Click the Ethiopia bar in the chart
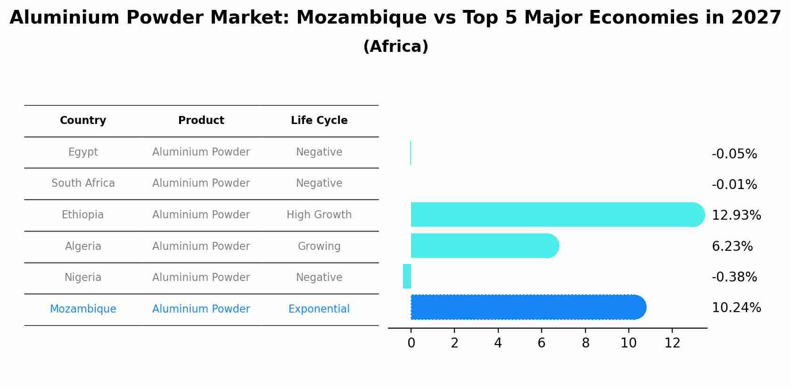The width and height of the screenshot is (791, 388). [x=556, y=215]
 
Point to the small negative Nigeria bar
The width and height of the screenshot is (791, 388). [x=407, y=276]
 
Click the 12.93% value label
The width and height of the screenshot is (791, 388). [x=736, y=215]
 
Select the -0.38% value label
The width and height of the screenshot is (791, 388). [x=734, y=277]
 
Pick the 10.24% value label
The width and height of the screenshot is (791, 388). [x=736, y=308]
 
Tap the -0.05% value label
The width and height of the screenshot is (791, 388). [x=734, y=154]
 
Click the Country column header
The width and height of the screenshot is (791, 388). [x=83, y=121]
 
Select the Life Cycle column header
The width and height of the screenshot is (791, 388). [x=319, y=121]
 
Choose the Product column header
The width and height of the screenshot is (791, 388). [x=201, y=121]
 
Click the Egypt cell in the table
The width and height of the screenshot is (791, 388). [x=83, y=152]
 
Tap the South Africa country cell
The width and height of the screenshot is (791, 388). [x=83, y=183]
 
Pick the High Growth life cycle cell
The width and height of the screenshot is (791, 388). [x=319, y=215]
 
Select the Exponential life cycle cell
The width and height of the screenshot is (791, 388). [x=319, y=309]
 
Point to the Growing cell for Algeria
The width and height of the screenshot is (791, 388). [x=319, y=247]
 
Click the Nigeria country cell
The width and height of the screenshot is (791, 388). [x=83, y=278]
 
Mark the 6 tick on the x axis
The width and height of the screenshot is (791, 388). [x=542, y=343]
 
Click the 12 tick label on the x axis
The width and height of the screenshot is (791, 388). [x=672, y=343]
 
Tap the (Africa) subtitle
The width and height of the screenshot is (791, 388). [x=395, y=47]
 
